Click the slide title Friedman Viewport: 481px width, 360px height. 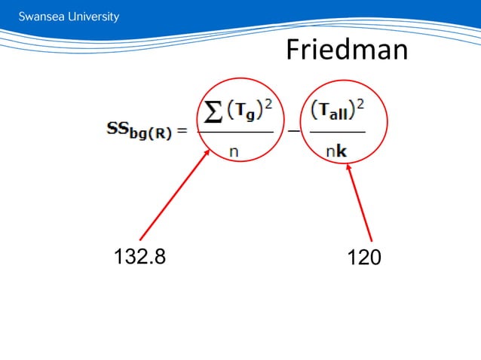[x=347, y=50]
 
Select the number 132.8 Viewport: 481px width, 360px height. [x=139, y=257]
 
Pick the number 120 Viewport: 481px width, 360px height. [x=364, y=258]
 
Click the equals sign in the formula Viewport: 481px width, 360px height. [x=182, y=133]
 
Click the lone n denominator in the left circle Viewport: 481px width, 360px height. [x=234, y=151]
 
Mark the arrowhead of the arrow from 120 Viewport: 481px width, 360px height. [x=349, y=167]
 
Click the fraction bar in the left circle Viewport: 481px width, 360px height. [x=235, y=133]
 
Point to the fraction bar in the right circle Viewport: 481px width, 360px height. [x=337, y=133]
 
